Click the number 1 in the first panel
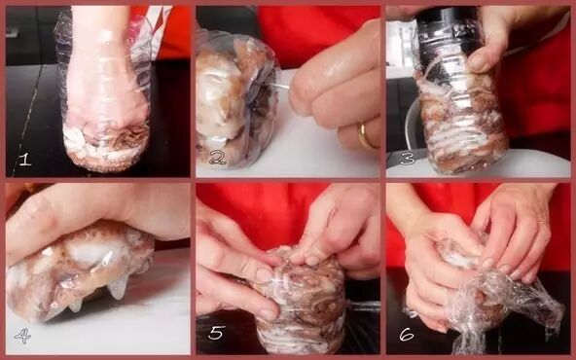click(24, 159)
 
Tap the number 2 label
click(218, 158)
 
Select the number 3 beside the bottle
click(408, 158)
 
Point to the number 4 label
click(22, 336)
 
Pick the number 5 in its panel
click(216, 333)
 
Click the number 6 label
click(407, 335)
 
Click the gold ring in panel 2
click(366, 136)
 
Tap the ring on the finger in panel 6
click(540, 221)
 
